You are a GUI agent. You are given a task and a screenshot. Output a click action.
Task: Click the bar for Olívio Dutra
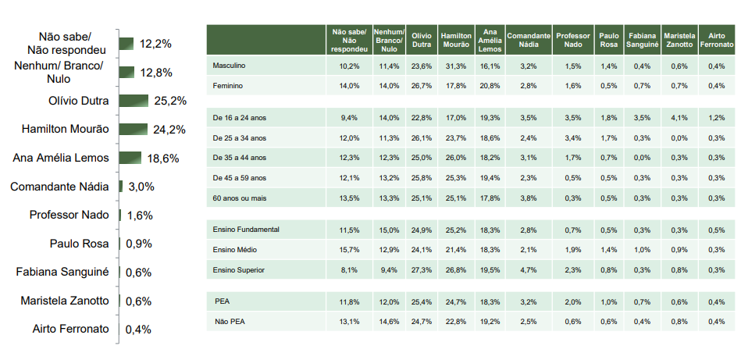[x=134, y=101]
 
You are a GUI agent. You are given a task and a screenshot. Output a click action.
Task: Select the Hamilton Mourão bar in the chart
[x=133, y=129]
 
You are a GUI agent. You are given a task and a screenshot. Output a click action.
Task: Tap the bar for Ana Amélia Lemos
[x=130, y=158]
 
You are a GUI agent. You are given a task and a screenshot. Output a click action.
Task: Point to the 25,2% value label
[x=169, y=101]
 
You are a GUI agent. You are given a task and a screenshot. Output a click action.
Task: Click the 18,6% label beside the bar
[x=162, y=158]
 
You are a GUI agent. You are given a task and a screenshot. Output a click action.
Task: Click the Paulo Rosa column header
[x=608, y=40]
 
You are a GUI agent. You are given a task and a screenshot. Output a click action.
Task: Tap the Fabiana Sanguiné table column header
[x=640, y=40]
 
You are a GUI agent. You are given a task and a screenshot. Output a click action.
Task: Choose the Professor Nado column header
[x=572, y=40]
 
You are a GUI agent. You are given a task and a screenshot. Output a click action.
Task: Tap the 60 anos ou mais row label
[x=240, y=198]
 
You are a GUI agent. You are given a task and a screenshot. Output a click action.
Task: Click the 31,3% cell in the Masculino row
[x=455, y=66]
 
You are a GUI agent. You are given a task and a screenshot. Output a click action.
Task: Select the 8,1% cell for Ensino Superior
[x=349, y=269]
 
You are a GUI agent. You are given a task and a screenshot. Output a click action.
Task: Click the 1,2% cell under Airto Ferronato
[x=716, y=117]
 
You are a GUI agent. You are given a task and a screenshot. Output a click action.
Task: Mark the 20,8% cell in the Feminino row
[x=490, y=86]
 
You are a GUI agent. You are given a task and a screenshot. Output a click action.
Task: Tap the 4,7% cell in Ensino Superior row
[x=527, y=269]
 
